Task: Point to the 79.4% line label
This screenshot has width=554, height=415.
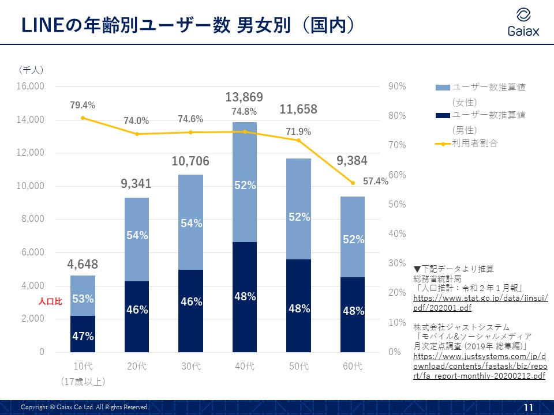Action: [x=83, y=105]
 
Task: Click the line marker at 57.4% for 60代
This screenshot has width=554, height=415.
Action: [x=353, y=183]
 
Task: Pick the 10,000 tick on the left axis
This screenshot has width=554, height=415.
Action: [x=32, y=186]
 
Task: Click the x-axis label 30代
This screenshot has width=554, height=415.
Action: [x=190, y=366]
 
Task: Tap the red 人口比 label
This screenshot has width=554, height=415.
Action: [x=50, y=301]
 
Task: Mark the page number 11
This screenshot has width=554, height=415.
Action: [x=527, y=408]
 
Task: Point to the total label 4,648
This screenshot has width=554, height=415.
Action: [x=83, y=265]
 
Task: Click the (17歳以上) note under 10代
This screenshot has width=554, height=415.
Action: [x=83, y=381]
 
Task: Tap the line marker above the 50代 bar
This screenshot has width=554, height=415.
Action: [x=299, y=140]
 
